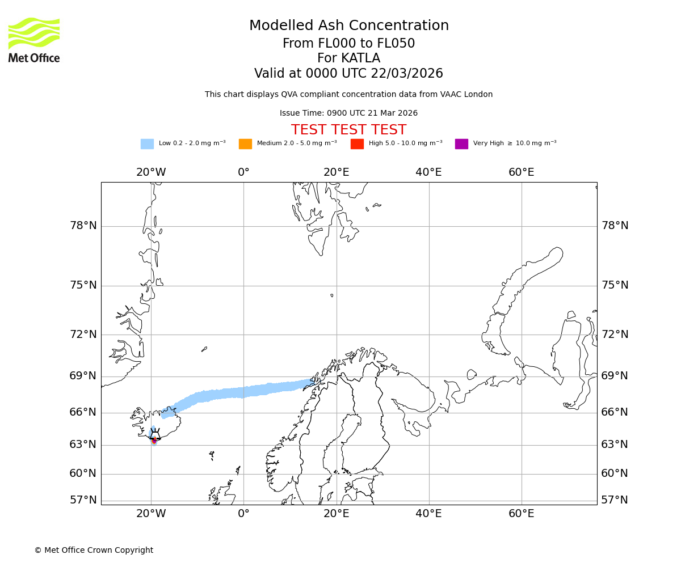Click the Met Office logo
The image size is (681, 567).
coord(34,40)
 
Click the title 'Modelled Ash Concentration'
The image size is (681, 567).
coord(349,26)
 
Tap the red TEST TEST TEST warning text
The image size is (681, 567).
coord(348,130)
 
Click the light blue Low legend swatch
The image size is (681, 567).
coord(147,144)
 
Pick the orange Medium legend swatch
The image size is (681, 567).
coord(245,144)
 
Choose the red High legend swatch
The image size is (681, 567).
coord(357,144)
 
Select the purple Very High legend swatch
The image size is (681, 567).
coord(461,144)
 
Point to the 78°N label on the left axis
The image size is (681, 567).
coord(83,226)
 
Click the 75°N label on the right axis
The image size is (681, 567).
coord(615,285)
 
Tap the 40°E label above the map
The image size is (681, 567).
coord(428,172)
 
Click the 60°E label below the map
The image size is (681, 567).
coord(521,514)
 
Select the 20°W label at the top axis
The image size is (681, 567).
coord(151,172)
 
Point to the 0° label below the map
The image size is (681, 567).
coord(243,514)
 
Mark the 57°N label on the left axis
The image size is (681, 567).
coord(83,500)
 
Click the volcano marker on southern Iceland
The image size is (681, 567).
coord(154,439)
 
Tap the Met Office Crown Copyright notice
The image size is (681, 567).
coord(94,550)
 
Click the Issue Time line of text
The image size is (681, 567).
coord(348,113)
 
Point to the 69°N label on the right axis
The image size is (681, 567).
coord(615,376)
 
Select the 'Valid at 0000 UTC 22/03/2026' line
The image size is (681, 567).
coord(348,74)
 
